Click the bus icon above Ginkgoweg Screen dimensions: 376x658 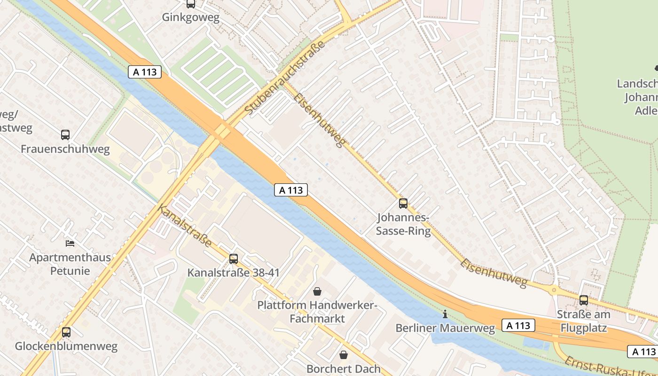[x=190, y=4]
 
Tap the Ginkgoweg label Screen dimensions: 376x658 [x=190, y=17]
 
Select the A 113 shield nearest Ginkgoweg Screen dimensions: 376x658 [x=145, y=72]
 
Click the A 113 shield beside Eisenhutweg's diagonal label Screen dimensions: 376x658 [x=291, y=190]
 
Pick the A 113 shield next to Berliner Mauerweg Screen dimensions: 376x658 [x=519, y=325]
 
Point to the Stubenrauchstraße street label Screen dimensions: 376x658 [x=285, y=78]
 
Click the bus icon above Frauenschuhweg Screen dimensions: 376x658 [x=65, y=135]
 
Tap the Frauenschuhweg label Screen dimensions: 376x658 [x=65, y=149]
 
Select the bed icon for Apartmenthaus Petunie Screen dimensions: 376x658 [x=70, y=243]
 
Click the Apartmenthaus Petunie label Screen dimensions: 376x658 [x=70, y=264]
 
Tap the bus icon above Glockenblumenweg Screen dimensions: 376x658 [x=66, y=332]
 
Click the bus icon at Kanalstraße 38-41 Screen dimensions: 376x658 [x=234, y=258]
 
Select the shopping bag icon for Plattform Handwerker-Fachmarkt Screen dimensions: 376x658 [x=317, y=291]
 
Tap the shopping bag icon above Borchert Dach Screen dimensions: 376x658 [x=344, y=354]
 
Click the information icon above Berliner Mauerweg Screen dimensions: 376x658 [x=445, y=314]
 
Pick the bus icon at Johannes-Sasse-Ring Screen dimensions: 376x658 [x=403, y=204]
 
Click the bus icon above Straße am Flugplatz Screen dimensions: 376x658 [x=584, y=300]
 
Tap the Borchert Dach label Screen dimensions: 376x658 [x=344, y=368]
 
